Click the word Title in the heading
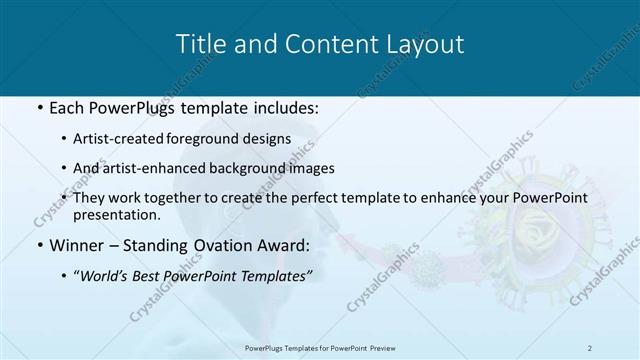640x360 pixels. [x=198, y=44]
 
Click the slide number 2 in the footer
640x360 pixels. [x=589, y=347]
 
